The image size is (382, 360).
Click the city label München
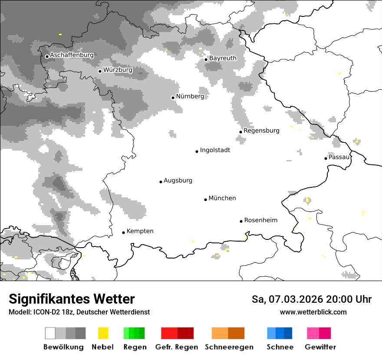[222, 198]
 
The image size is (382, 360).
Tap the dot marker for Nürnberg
[173, 98]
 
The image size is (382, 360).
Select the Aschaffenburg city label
[72, 55]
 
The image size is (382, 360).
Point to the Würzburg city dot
[100, 71]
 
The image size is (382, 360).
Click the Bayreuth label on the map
[223, 58]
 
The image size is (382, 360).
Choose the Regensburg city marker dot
[240, 132]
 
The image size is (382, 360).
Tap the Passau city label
[339, 157]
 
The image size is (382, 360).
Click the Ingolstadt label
[215, 150]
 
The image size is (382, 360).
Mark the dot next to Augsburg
[161, 182]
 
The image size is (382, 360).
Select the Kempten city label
[140, 231]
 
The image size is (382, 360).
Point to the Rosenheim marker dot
[241, 221]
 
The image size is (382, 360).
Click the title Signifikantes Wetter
[72, 299]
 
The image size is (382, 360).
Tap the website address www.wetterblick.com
[313, 312]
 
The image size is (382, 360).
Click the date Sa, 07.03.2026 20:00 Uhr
[311, 299]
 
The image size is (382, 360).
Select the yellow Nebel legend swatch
[103, 333]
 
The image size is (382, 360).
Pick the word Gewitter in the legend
[320, 347]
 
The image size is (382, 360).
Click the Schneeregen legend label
[229, 347]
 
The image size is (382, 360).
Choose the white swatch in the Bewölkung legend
[50, 333]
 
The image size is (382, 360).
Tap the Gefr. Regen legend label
[176, 347]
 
